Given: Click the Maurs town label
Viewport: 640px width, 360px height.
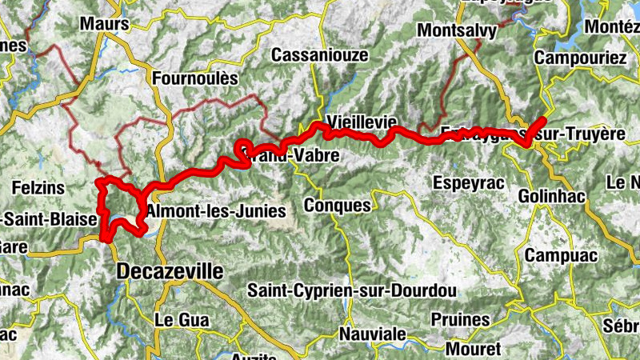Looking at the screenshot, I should tap(104, 24).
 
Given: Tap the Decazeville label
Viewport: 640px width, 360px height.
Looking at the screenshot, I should tap(170, 271).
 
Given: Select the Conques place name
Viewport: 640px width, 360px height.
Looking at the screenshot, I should tap(338, 205).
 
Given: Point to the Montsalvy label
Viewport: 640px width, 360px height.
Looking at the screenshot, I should tap(458, 30).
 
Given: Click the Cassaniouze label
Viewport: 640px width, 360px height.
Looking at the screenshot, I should tap(319, 55).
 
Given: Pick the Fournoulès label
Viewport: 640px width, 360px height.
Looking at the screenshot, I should tap(194, 78).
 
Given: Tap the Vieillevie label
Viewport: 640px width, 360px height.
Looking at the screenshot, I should tap(362, 122).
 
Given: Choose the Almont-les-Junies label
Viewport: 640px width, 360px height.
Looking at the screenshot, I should tap(216, 212).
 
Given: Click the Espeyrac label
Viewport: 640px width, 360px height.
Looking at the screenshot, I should tap(469, 182).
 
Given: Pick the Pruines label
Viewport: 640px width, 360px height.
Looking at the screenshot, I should tap(460, 319).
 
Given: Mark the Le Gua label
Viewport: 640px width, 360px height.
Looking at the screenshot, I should tap(181, 319).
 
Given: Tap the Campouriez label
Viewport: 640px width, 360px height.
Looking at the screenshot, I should tap(580, 58).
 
